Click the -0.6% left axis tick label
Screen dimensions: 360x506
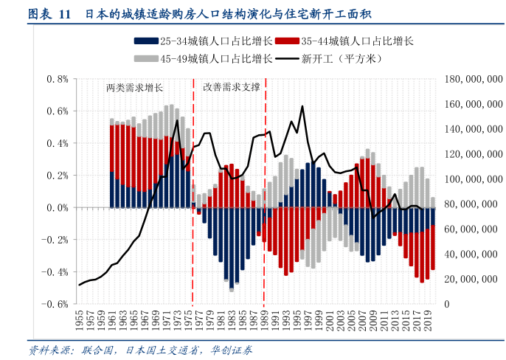55,304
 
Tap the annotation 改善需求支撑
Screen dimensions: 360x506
232,87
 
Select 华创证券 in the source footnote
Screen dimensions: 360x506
231,349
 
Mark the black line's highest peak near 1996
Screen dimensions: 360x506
302,106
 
